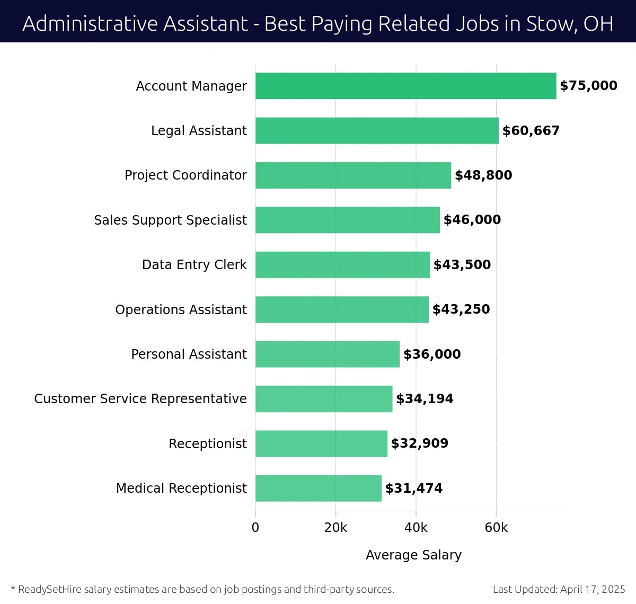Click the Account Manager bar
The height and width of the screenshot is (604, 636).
405,86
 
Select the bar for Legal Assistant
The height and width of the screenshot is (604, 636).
377,130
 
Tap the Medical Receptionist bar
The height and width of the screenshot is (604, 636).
318,488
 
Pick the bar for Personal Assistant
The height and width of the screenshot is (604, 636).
327,354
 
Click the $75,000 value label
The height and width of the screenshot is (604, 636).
588,86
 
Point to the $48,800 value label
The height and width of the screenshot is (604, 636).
483,175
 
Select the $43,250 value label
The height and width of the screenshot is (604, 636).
461,309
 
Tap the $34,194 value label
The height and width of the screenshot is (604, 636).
425,399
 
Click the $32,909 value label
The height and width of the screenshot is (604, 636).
419,443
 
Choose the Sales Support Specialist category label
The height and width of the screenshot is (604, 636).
170,220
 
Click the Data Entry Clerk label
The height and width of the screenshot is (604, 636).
194,265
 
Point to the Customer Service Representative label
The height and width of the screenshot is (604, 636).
140,399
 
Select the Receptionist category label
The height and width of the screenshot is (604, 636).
207,443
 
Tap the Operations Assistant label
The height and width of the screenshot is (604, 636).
181,309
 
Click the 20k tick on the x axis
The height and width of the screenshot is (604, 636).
335,528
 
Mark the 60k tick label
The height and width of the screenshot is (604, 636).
496,528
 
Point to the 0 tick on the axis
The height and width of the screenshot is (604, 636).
255,528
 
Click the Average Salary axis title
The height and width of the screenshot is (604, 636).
413,555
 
